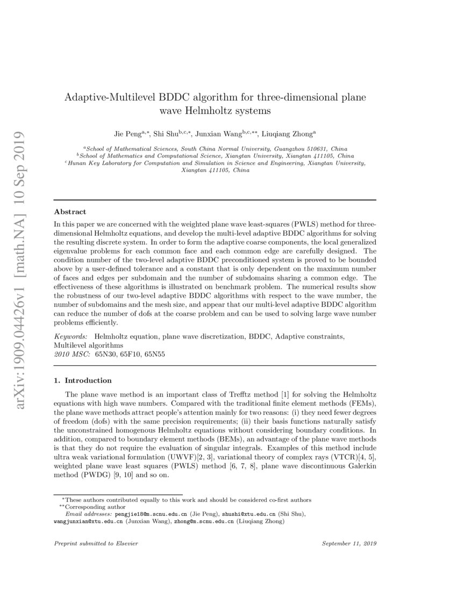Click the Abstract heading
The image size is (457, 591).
(x=70, y=212)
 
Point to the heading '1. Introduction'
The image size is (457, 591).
(x=83, y=380)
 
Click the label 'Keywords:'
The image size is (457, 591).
(x=72, y=336)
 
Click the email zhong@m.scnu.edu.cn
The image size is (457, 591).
(x=203, y=521)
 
